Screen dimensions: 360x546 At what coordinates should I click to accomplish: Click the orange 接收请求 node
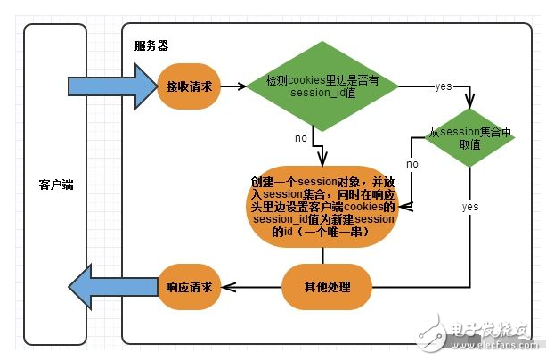point(187,87)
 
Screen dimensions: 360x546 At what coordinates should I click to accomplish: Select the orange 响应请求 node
point(189,287)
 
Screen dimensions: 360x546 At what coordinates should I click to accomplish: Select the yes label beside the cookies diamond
point(443,86)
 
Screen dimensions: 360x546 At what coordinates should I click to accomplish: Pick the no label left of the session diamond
point(412,165)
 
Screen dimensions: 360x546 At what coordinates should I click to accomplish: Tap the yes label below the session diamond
point(470,207)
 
